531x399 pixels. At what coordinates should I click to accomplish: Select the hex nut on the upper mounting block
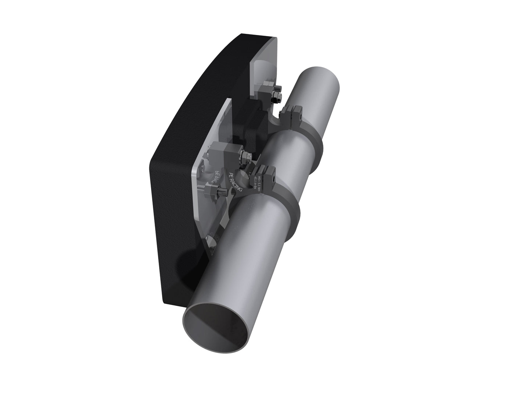click(276, 98)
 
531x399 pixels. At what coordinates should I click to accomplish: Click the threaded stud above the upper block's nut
click(280, 88)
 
